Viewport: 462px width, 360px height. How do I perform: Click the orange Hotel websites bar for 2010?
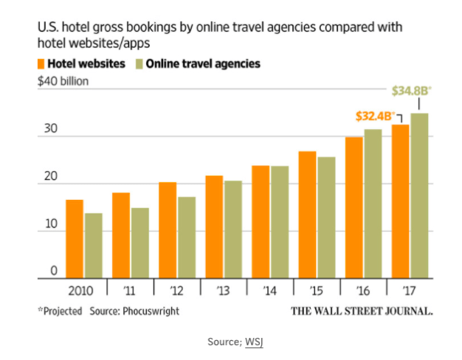75,239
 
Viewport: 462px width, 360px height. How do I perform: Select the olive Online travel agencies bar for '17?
419,196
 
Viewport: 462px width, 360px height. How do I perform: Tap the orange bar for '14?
261,222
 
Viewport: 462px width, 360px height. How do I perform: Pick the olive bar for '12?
187,238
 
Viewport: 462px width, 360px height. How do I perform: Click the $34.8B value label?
410,91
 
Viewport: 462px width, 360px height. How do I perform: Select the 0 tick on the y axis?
54,271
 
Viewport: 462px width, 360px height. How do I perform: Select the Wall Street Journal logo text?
361,311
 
